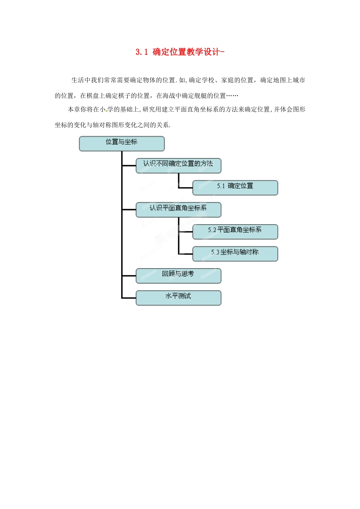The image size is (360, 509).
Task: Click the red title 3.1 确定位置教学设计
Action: tap(180, 52)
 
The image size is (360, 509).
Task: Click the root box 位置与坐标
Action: tap(122, 144)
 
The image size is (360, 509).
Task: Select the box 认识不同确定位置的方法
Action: tap(178, 166)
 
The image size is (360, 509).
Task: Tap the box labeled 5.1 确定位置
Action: tap(235, 187)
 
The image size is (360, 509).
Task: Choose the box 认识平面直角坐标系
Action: tap(178, 209)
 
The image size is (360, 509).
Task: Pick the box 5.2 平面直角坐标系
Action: tap(235, 231)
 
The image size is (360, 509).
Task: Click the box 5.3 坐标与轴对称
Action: tap(235, 254)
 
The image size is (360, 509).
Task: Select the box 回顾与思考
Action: tap(178, 276)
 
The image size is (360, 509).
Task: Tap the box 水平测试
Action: tap(178, 298)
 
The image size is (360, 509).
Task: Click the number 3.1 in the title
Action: tap(141, 52)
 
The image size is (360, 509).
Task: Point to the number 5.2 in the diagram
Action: tap(212, 230)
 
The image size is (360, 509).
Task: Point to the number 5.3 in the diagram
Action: tap(215, 252)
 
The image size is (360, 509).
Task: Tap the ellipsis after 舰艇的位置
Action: tap(232, 96)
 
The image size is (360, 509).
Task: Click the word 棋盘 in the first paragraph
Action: tap(93, 96)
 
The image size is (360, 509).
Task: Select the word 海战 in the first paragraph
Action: tap(169, 96)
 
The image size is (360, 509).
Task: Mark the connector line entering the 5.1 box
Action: tap(185, 188)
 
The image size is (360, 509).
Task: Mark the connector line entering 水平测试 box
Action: tap(129, 298)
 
